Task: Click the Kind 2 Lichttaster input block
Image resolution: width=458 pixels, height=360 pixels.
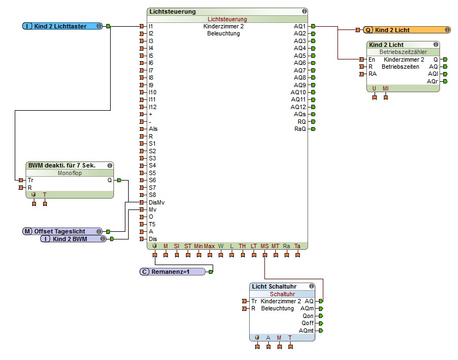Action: (x=62, y=26)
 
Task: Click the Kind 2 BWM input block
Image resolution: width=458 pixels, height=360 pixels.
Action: (x=73, y=239)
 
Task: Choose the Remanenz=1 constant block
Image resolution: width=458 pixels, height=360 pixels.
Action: (x=173, y=271)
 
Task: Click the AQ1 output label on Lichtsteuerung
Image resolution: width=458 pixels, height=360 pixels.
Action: (x=300, y=26)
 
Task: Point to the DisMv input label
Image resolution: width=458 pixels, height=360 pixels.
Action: (x=156, y=202)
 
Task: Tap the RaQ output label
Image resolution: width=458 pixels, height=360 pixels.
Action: (x=300, y=129)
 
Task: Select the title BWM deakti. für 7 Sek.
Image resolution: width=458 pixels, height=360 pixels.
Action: (x=62, y=165)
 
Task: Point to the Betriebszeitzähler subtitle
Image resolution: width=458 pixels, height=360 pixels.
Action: (x=403, y=52)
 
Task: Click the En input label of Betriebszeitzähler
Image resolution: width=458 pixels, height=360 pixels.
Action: (x=372, y=59)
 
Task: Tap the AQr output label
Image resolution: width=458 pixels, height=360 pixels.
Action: (x=432, y=81)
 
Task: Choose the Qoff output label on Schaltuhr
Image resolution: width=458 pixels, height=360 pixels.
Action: (x=308, y=323)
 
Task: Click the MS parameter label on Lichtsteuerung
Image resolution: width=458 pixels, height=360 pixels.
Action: (x=264, y=247)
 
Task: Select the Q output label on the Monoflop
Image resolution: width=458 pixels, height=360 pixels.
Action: (x=110, y=179)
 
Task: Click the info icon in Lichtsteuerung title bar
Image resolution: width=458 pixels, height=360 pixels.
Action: (x=304, y=11)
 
